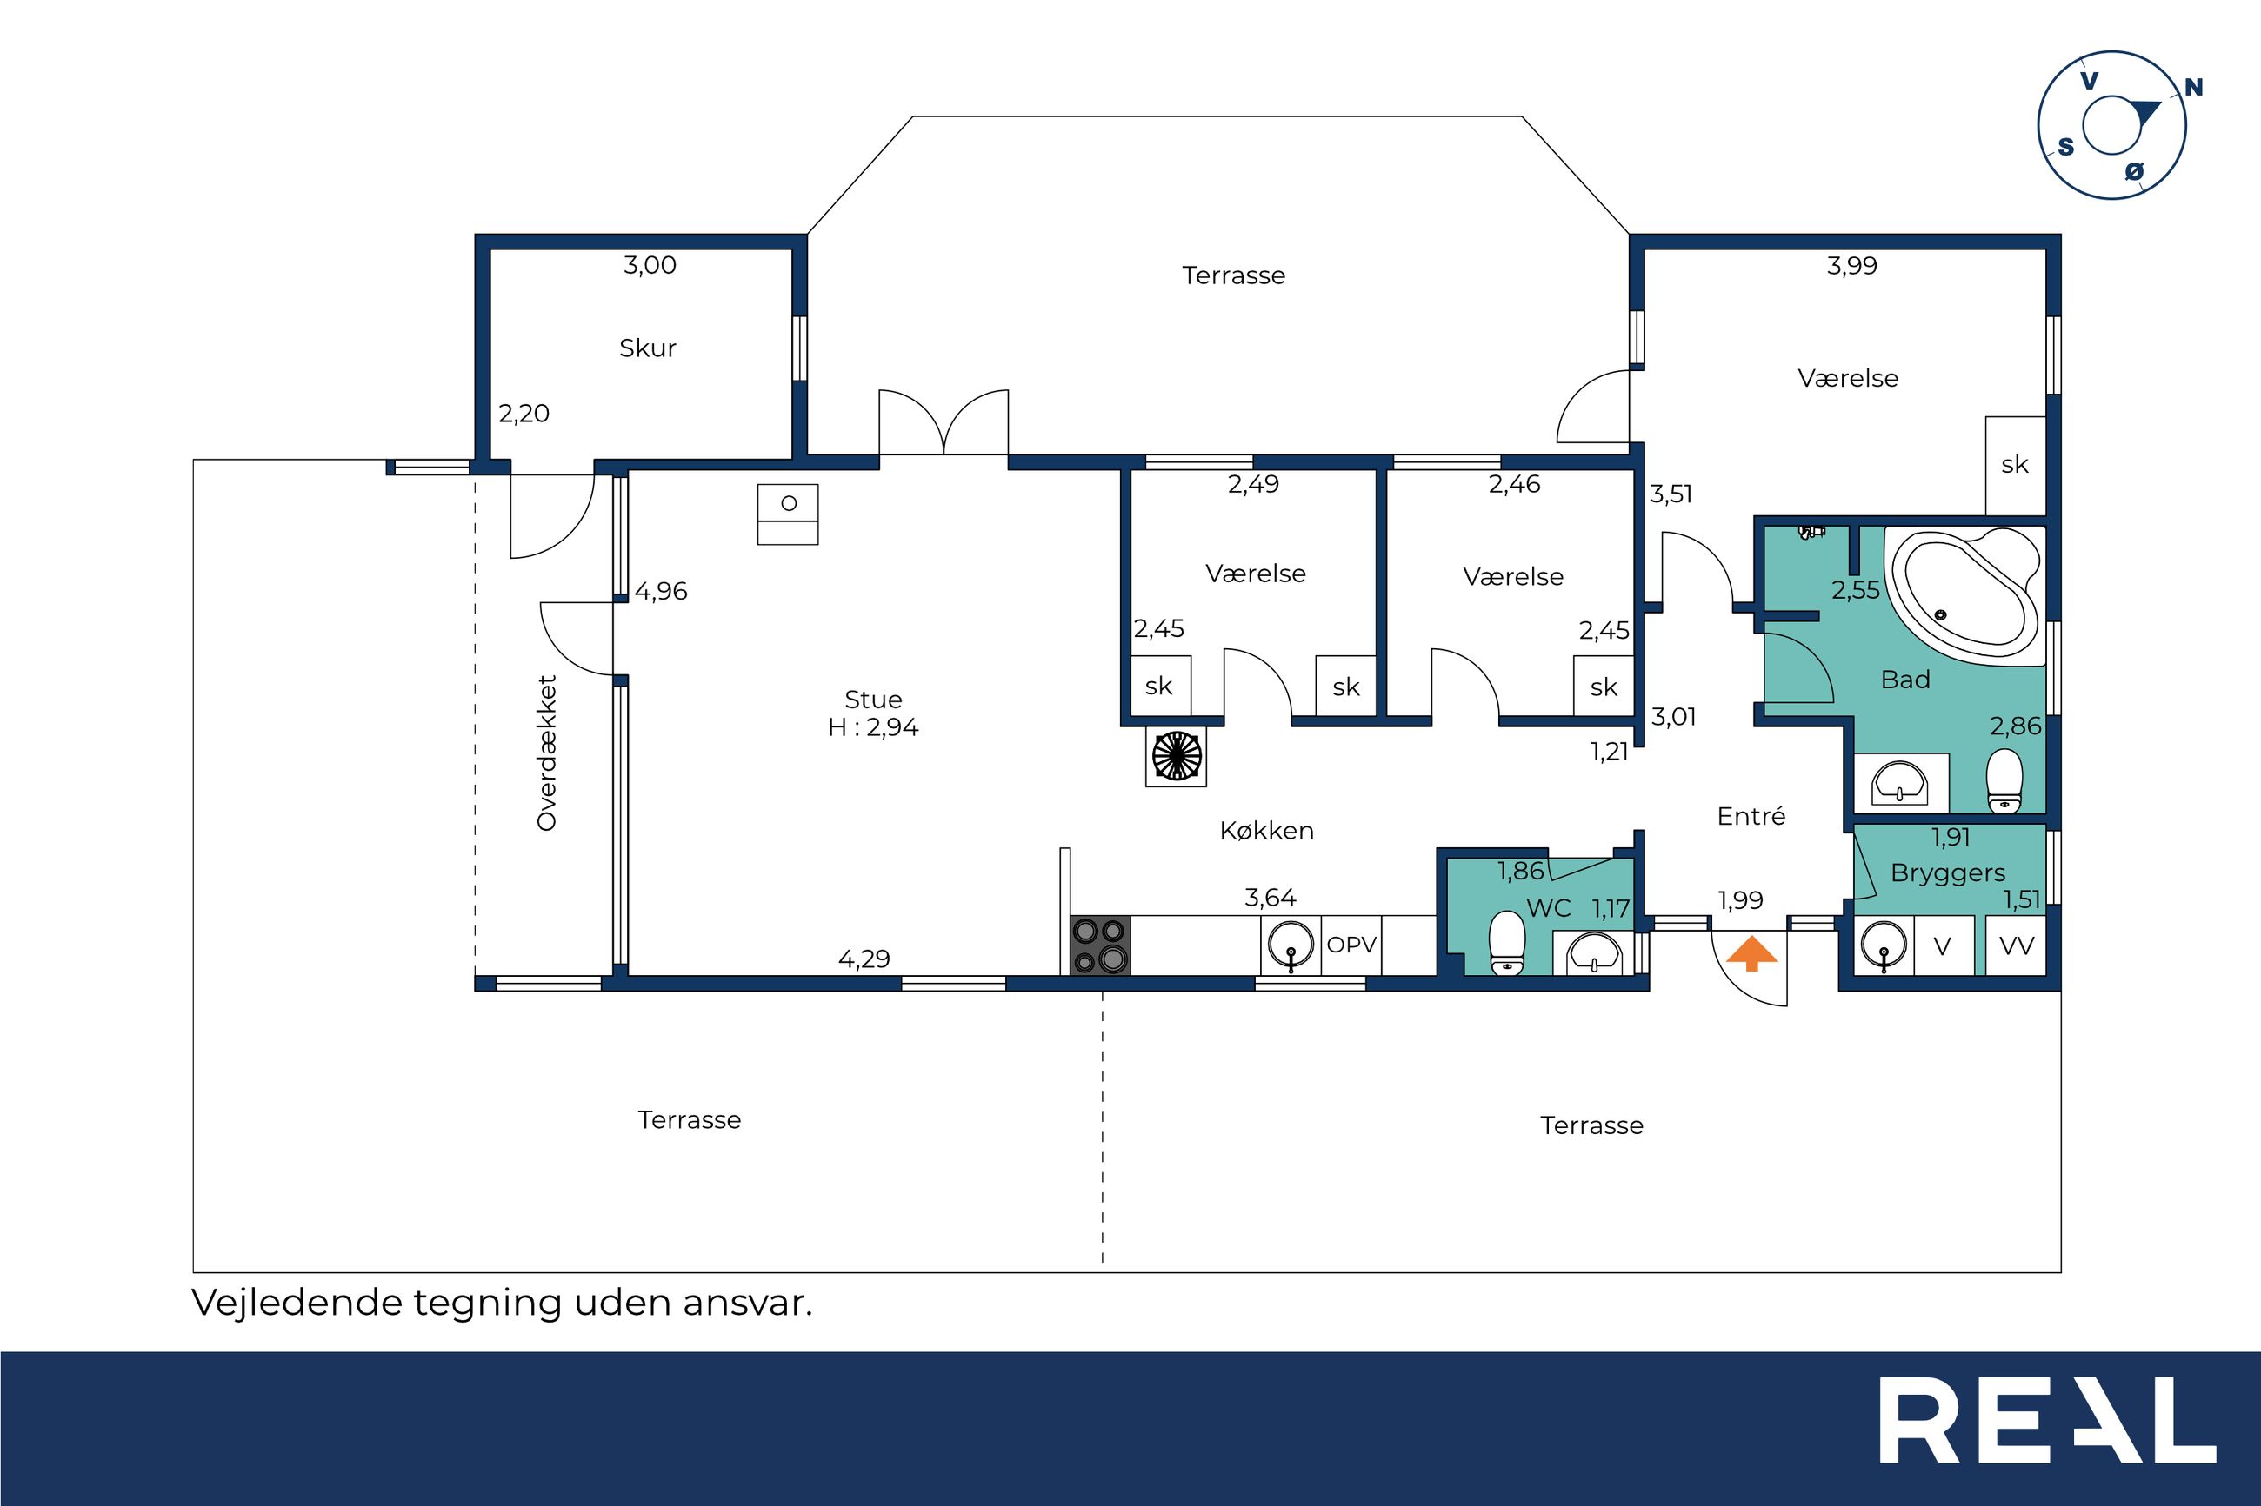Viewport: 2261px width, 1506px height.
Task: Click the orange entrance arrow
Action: [x=1751, y=952]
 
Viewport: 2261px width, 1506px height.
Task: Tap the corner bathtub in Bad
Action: [x=1965, y=595]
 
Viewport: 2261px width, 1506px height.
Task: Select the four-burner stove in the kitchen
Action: [x=1100, y=945]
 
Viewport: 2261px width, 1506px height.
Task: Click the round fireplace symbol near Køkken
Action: [x=1176, y=756]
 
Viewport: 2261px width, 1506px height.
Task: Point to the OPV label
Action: [x=1351, y=945]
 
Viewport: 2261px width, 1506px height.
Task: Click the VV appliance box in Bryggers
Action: [x=2016, y=946]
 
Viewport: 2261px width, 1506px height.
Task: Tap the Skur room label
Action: [x=648, y=348]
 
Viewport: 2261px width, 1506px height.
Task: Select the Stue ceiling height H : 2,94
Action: [x=872, y=727]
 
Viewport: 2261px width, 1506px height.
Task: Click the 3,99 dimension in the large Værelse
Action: [x=1851, y=265]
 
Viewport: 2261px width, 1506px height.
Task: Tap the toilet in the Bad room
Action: [x=2004, y=780]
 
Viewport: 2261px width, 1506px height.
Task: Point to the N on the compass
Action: [x=2194, y=88]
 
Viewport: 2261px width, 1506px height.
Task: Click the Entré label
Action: [x=1751, y=816]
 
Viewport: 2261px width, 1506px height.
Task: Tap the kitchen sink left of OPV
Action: [x=1290, y=945]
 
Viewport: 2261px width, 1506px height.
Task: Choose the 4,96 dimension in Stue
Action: [x=661, y=592]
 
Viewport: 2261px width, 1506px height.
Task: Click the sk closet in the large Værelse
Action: [x=2014, y=465]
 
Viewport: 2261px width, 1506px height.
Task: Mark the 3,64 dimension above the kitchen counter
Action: [x=1270, y=898]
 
